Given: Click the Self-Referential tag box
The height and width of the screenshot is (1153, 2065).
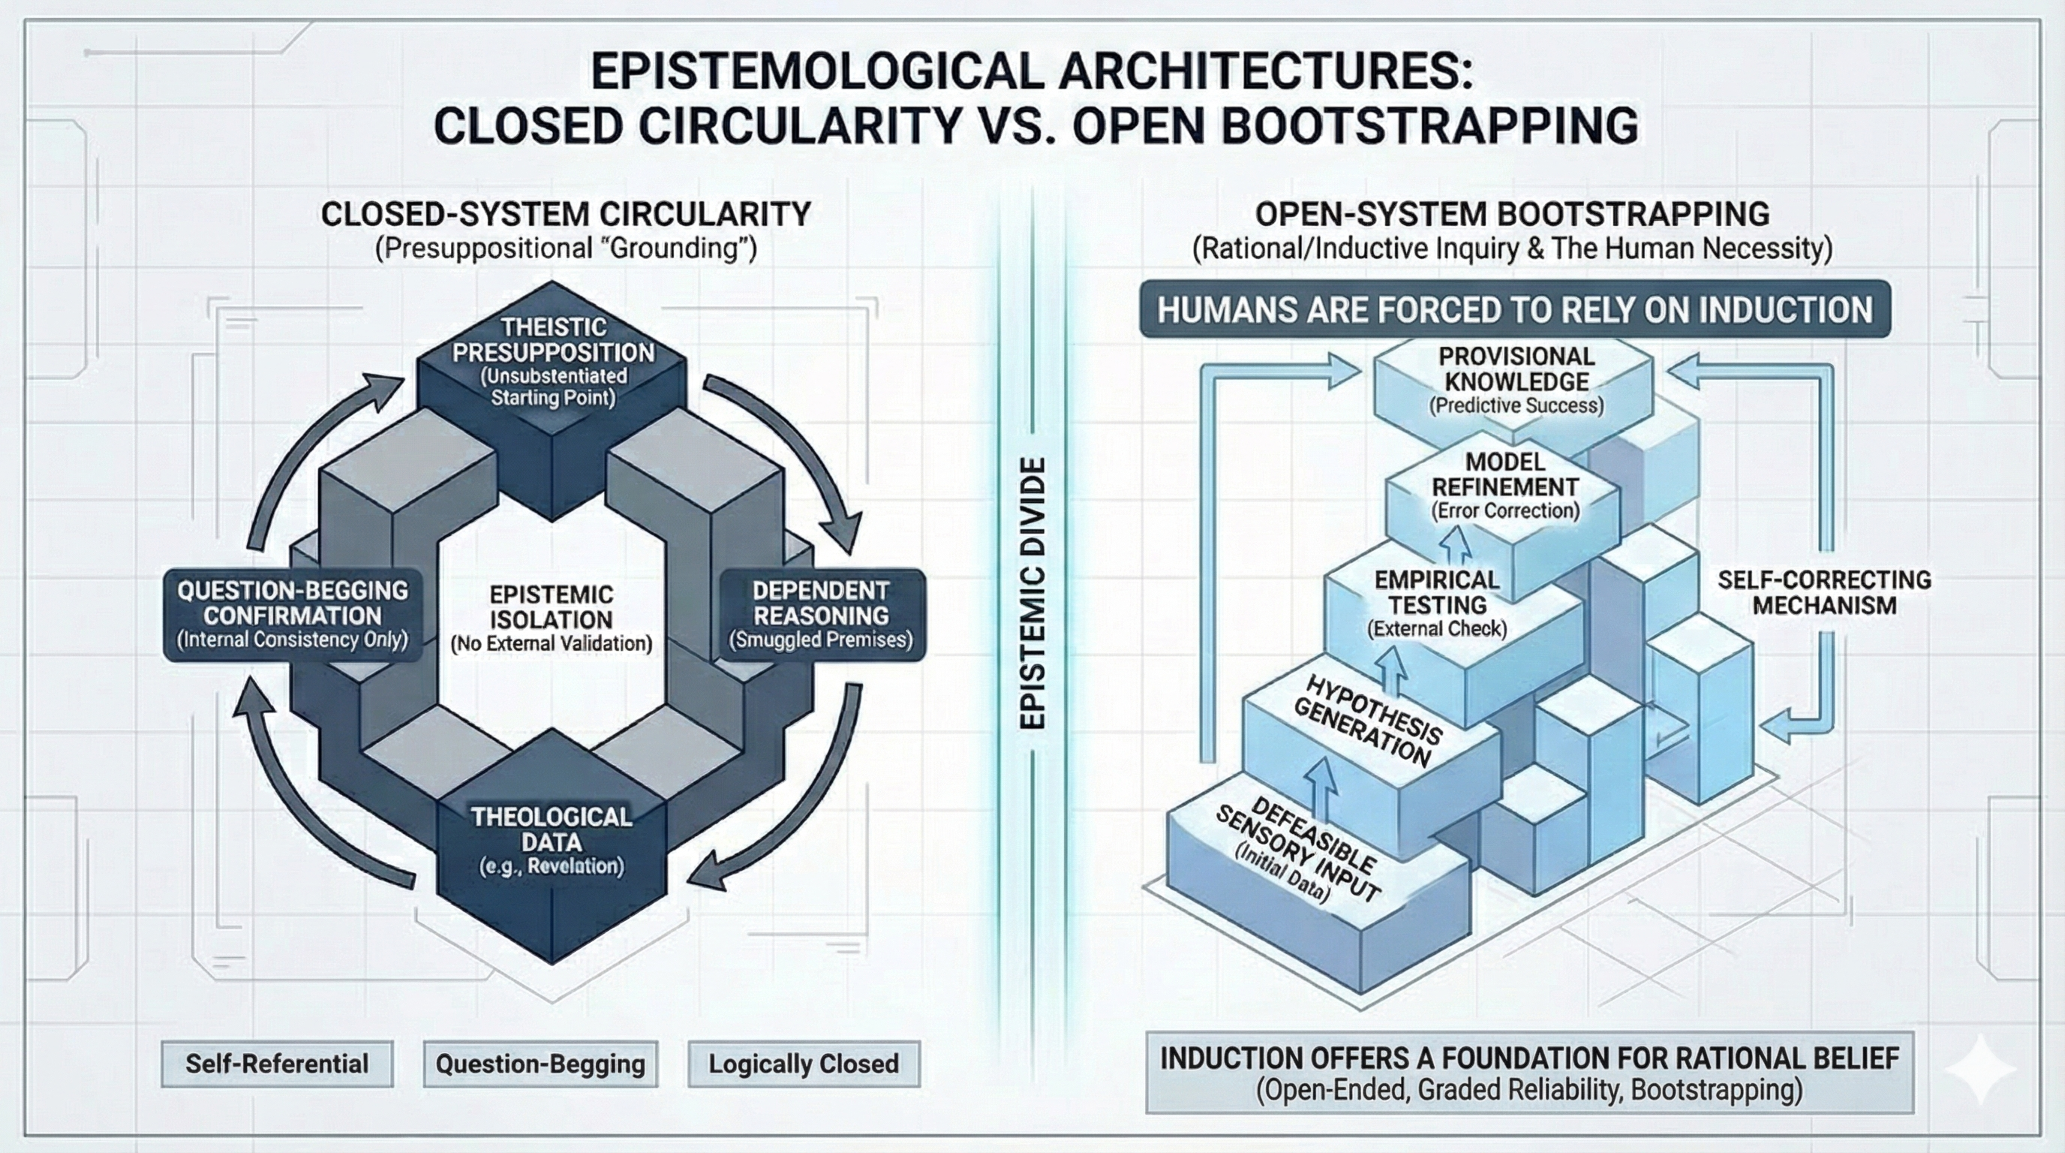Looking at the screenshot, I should (x=277, y=1063).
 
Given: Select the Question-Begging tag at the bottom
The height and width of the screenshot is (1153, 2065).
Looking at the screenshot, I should (x=540, y=1063).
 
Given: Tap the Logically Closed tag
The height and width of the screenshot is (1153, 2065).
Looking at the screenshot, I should (x=803, y=1063).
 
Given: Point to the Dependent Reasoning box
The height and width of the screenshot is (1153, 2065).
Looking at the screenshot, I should (x=821, y=615).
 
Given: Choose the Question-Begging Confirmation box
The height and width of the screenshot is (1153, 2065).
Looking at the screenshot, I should (x=293, y=615).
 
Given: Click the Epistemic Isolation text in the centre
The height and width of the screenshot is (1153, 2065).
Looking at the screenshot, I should (x=552, y=619).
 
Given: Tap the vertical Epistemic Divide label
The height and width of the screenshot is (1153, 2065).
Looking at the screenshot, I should (x=1032, y=593).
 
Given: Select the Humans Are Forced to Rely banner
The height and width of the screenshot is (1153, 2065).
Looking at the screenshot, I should (x=1514, y=309).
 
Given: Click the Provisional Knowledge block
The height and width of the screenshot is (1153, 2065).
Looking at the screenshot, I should (x=1516, y=381).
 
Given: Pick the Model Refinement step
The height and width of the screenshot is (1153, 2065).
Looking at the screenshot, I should (x=1504, y=486).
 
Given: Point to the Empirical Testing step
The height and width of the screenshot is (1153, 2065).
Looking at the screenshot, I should (x=1436, y=603).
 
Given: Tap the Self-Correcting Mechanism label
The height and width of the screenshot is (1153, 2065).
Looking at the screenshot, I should (x=1823, y=592).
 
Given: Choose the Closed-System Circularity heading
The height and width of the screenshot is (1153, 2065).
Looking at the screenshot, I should (x=566, y=214).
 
